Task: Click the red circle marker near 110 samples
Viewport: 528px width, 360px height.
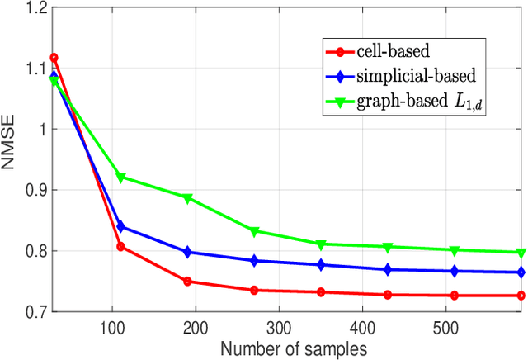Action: pos(121,247)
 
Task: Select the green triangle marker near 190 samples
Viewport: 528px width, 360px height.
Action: pos(188,198)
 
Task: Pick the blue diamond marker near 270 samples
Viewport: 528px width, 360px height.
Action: pos(254,260)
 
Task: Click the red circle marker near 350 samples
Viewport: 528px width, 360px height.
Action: pos(321,292)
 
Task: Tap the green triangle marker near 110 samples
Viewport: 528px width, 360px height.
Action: pos(121,178)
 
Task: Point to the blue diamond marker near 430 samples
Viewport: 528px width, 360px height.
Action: pos(388,269)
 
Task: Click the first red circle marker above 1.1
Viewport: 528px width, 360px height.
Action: pos(54,58)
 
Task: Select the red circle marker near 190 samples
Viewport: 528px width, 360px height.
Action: pos(188,282)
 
